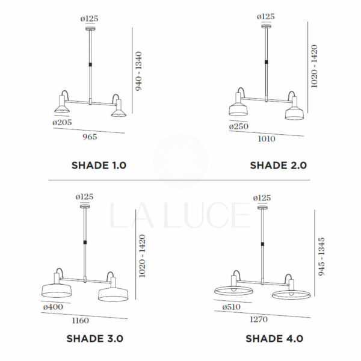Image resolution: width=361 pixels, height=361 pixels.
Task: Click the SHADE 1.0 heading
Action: click(x=99, y=165)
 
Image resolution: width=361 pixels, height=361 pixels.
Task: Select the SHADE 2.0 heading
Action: click(x=279, y=165)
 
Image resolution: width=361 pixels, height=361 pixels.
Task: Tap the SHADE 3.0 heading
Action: click(x=95, y=339)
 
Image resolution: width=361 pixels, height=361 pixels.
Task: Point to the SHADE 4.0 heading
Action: click(x=274, y=339)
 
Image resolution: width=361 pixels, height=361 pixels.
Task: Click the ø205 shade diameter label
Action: click(x=62, y=122)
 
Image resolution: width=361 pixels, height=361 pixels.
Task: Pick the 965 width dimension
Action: click(x=90, y=137)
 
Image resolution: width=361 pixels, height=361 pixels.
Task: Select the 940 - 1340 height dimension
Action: click(x=138, y=71)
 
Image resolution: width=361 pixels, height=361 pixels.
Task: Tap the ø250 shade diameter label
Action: click(x=239, y=126)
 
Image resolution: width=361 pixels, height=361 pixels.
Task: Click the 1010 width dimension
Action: click(x=267, y=139)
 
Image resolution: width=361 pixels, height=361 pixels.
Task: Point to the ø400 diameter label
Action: click(x=53, y=307)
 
